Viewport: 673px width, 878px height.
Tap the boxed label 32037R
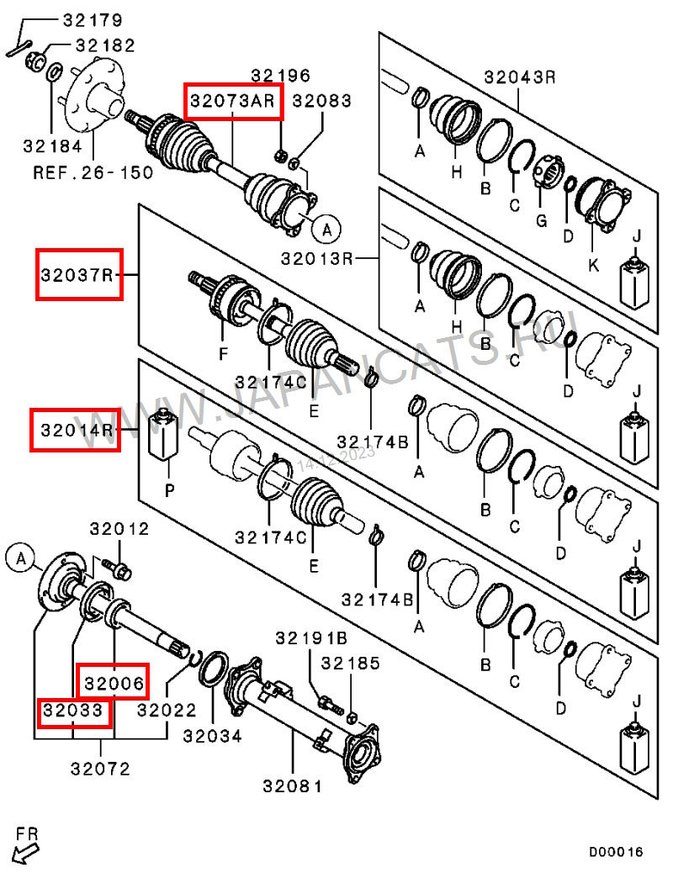[78, 273]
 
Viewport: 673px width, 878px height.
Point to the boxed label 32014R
[76, 430]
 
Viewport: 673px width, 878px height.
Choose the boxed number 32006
[113, 680]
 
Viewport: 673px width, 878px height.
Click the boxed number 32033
[74, 712]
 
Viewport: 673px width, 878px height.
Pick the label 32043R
[520, 77]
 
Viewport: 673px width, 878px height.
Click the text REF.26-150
[93, 173]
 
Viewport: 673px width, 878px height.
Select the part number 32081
[292, 786]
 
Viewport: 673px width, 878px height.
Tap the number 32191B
[310, 638]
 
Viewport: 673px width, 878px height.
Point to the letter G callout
[542, 220]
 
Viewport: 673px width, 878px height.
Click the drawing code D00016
[615, 852]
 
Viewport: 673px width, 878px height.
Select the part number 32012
[119, 529]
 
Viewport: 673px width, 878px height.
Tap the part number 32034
[212, 736]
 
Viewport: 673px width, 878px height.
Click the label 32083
[321, 101]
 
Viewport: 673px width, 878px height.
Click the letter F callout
[224, 354]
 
